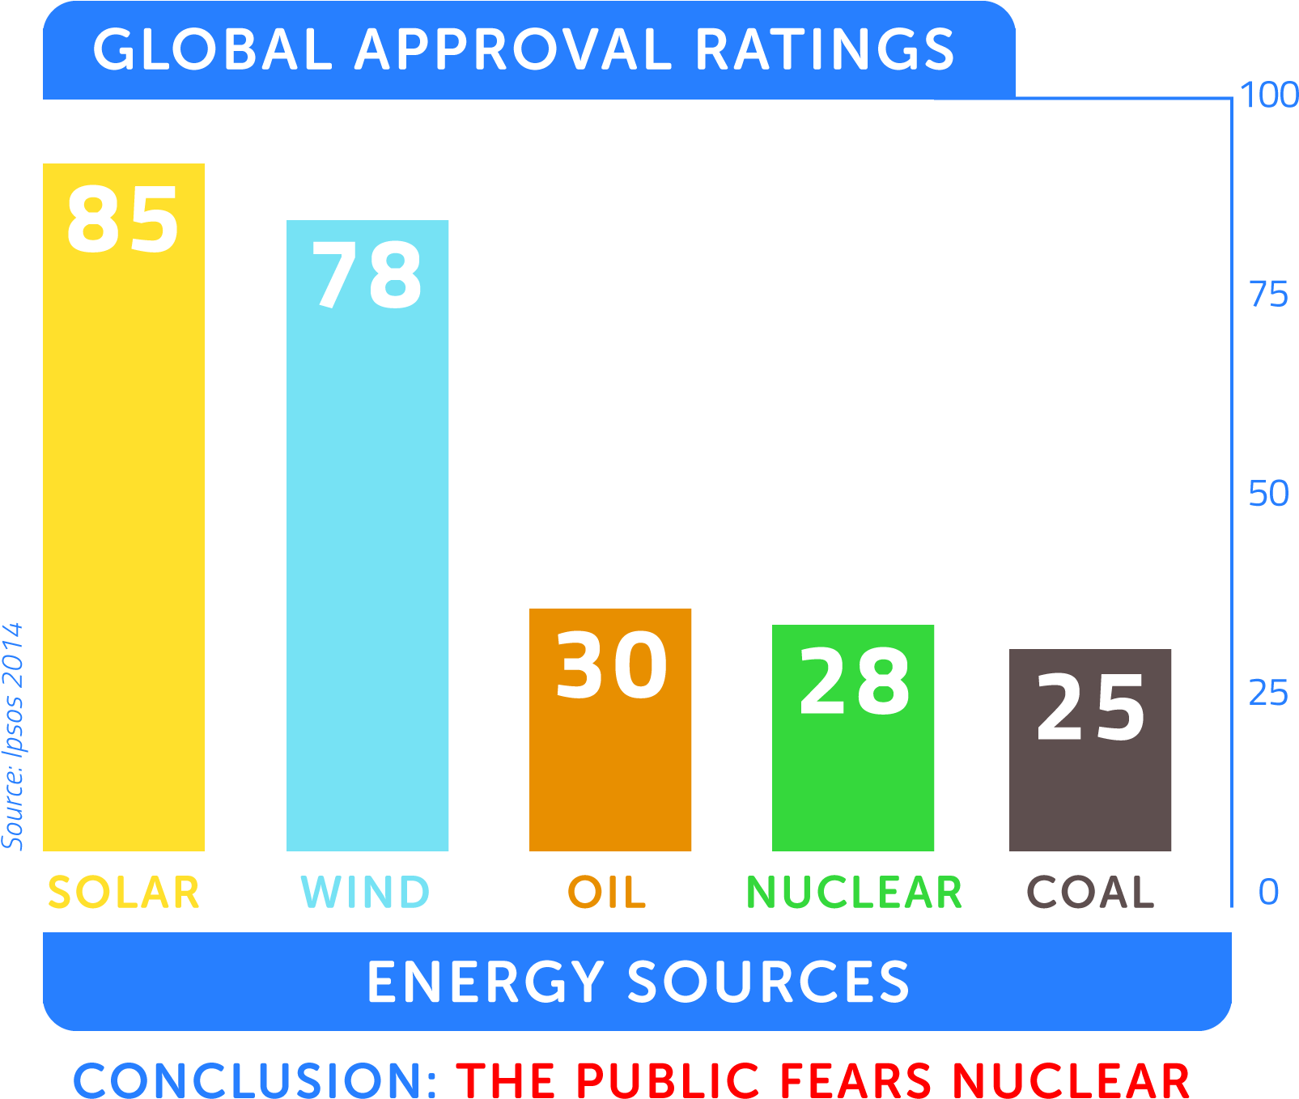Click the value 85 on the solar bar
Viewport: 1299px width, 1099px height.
123,219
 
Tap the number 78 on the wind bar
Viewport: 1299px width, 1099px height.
367,276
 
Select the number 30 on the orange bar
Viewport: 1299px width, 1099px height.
611,665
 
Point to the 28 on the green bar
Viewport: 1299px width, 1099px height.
854,681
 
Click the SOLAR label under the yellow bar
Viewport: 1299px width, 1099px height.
124,893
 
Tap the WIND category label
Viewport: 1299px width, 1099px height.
365,893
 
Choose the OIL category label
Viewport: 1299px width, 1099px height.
607,893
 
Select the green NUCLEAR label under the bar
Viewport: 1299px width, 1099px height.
854,893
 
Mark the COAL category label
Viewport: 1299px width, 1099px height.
1090,893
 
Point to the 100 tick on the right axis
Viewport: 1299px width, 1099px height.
1268,95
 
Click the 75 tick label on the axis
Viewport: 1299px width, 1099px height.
1268,295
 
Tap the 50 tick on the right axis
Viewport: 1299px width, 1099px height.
1268,494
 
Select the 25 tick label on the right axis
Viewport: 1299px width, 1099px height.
1268,693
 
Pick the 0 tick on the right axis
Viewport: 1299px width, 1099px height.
1268,892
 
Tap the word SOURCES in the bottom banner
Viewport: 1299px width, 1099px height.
768,982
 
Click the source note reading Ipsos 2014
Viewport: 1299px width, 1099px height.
13,736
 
